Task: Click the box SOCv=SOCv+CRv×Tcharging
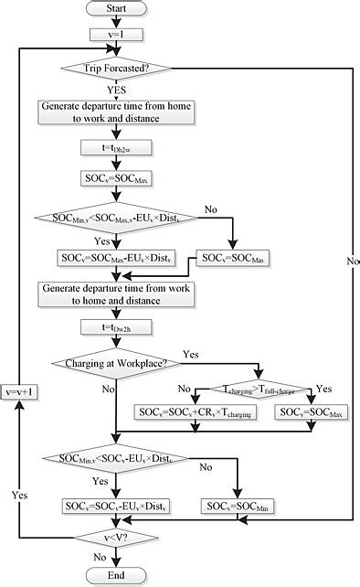pos(196,412)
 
